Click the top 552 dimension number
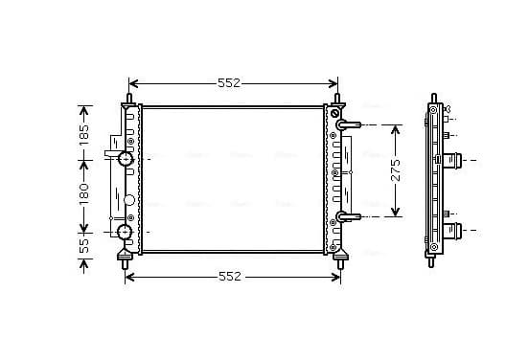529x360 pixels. [x=229, y=83]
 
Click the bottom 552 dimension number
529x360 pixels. [x=230, y=277]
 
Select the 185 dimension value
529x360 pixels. [x=84, y=135]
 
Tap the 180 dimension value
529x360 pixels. [x=84, y=193]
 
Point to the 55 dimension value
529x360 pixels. [x=84, y=246]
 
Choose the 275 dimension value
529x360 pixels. [x=396, y=170]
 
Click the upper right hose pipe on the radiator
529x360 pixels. [x=348, y=125]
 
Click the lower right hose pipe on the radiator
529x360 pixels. [x=348, y=216]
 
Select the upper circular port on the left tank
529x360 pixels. [x=126, y=158]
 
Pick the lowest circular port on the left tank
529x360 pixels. [x=125, y=232]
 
